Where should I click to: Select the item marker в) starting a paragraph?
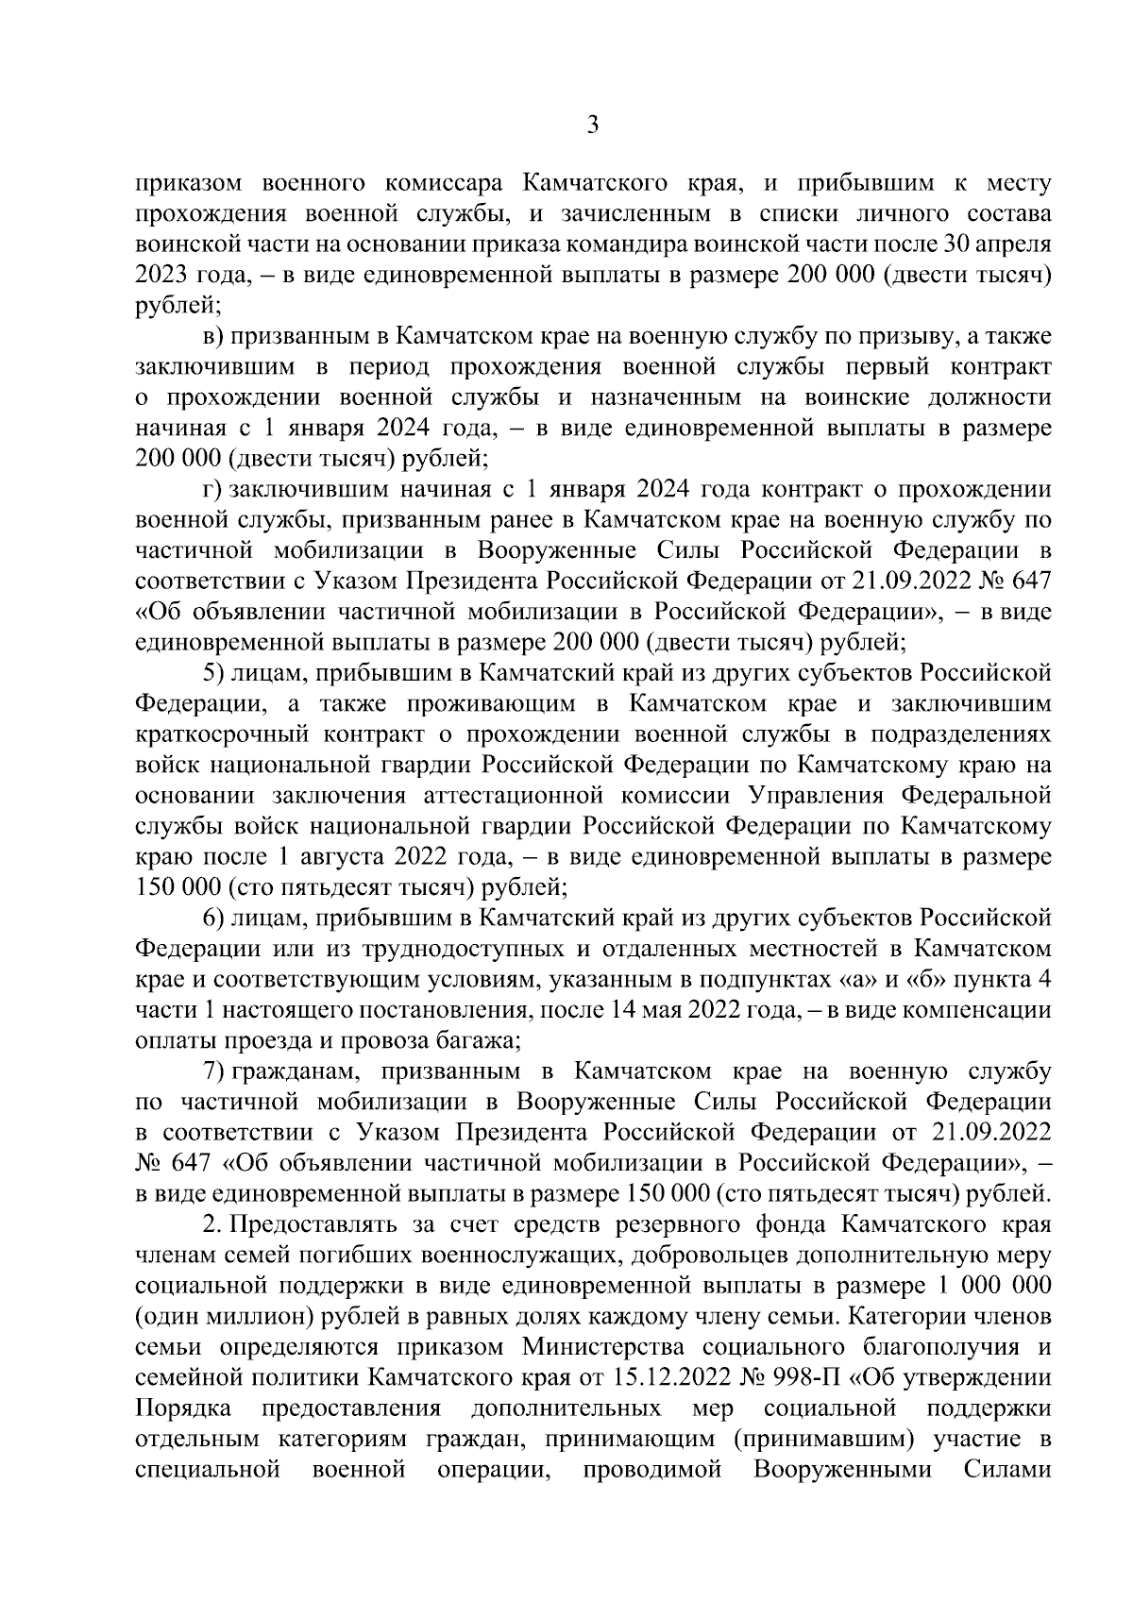point(213,336)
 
